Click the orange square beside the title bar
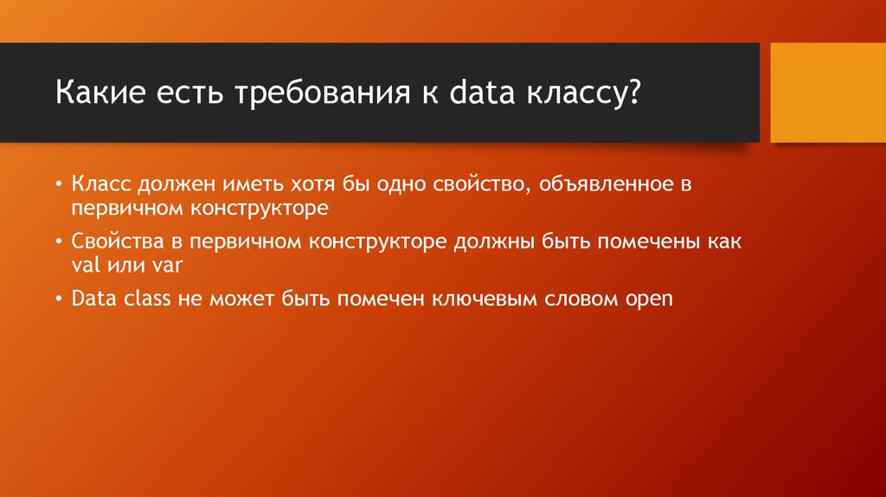(x=827, y=93)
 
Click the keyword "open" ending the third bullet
(x=648, y=300)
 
